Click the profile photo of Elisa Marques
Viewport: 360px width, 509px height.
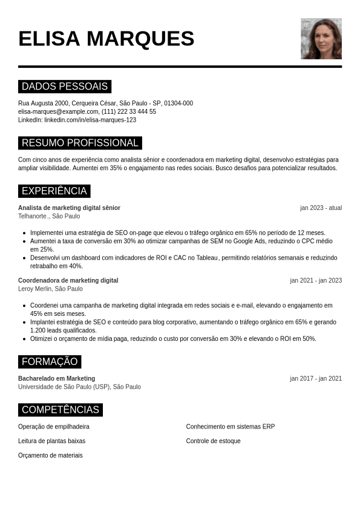pos(321,39)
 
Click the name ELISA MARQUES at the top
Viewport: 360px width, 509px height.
pos(106,39)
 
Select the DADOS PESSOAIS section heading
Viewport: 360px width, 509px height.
pos(65,87)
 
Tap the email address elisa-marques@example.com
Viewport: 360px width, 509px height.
pos(58,111)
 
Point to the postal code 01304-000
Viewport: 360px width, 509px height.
pos(178,103)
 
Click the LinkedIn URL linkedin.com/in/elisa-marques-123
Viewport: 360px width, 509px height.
pos(90,120)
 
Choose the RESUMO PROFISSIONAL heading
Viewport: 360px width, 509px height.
pos(80,143)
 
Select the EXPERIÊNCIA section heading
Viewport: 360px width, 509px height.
pos(54,191)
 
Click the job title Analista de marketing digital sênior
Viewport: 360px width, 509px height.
pos(69,208)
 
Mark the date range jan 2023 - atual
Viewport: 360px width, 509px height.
pos(321,208)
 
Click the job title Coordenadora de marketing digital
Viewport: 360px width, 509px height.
pos(68,280)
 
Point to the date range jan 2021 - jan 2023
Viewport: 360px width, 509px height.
pos(316,280)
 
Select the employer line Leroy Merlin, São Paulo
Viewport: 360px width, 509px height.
pos(50,289)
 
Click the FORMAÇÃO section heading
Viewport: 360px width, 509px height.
pos(50,362)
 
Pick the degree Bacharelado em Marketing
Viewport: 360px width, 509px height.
pos(56,378)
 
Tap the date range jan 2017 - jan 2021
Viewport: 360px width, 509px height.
pos(316,378)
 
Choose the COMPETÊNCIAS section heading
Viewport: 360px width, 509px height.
pos(61,410)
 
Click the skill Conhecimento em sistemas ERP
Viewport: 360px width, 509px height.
pos(230,427)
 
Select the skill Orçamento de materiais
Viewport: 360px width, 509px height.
pos(50,455)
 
